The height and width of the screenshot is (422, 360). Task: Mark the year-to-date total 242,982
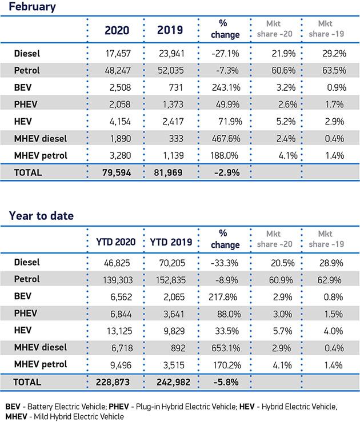coord(170,381)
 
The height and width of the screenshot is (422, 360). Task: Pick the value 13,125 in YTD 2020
coord(118,330)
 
